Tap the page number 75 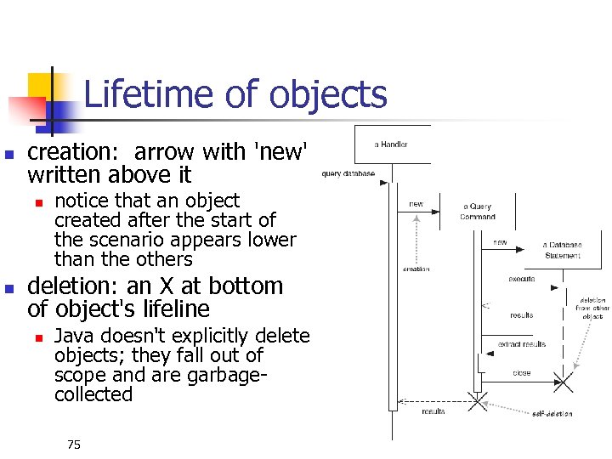click(73, 445)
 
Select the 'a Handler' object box click(391, 144)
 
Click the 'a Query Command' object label click(478, 211)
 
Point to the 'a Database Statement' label click(563, 251)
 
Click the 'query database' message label click(348, 173)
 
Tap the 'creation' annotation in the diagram click(416, 269)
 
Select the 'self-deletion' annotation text click(552, 414)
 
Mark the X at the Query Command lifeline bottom click(478, 400)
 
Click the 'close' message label click(521, 372)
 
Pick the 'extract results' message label click(522, 344)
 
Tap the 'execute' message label click(521, 278)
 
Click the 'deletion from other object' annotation click(592, 308)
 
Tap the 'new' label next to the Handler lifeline click(416, 204)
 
